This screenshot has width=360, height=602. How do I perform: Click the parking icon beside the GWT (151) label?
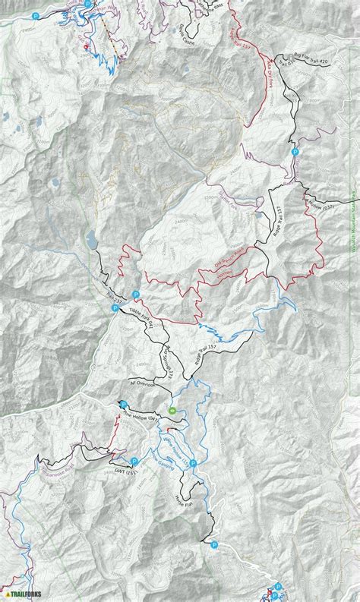[x=134, y=461]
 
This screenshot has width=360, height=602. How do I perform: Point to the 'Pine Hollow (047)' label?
[x=141, y=417]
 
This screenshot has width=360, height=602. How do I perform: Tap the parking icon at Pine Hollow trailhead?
[x=122, y=404]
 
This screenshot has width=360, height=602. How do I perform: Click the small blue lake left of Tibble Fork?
[x=91, y=240]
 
